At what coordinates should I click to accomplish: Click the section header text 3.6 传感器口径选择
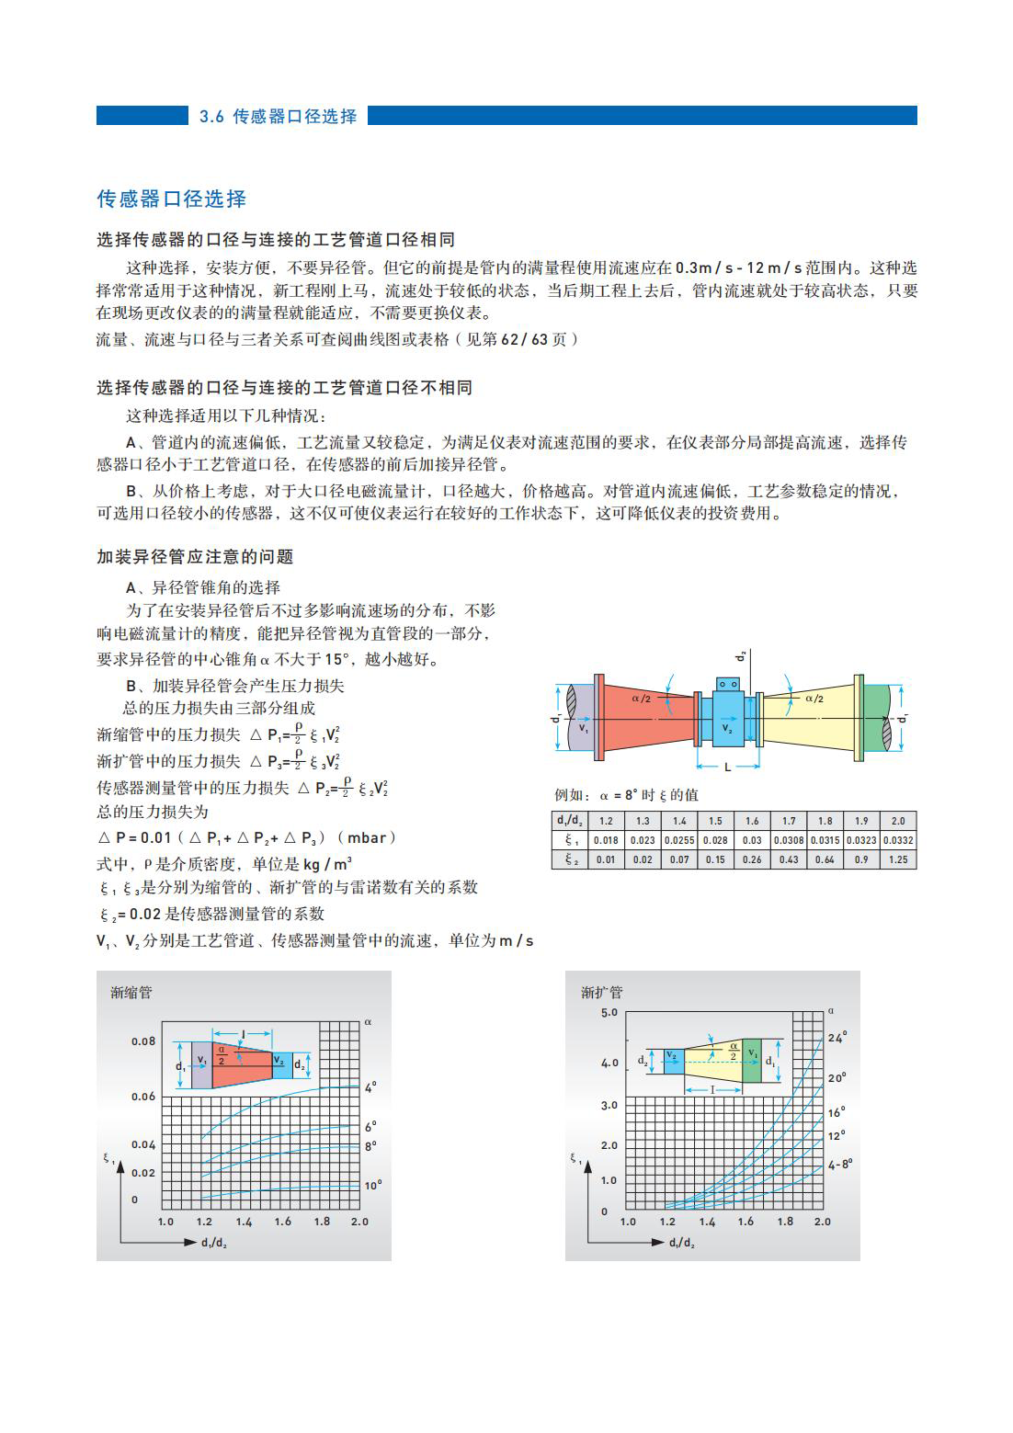(x=278, y=117)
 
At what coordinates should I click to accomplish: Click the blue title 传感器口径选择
(x=172, y=199)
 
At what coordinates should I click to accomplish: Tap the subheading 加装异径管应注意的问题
(x=195, y=557)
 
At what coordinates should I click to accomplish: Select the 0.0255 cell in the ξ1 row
(x=678, y=840)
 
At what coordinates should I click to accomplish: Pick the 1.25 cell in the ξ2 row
(x=897, y=859)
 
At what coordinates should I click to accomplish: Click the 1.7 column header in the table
(x=788, y=821)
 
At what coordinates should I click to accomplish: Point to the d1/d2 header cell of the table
(x=569, y=821)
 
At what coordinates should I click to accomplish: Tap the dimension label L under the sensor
(x=727, y=767)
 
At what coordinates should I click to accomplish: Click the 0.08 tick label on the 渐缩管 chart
(x=143, y=1041)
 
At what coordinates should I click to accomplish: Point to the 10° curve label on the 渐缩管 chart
(x=371, y=1185)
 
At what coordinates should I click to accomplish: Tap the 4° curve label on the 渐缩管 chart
(x=370, y=1087)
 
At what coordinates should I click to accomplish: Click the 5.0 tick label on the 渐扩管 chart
(x=609, y=1013)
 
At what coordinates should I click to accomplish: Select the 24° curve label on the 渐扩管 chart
(x=837, y=1037)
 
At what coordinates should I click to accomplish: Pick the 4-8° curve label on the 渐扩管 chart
(x=840, y=1164)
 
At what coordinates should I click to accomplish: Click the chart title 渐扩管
(x=601, y=993)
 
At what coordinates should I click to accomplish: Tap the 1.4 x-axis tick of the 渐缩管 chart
(x=244, y=1222)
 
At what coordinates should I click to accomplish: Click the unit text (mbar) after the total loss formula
(x=368, y=837)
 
